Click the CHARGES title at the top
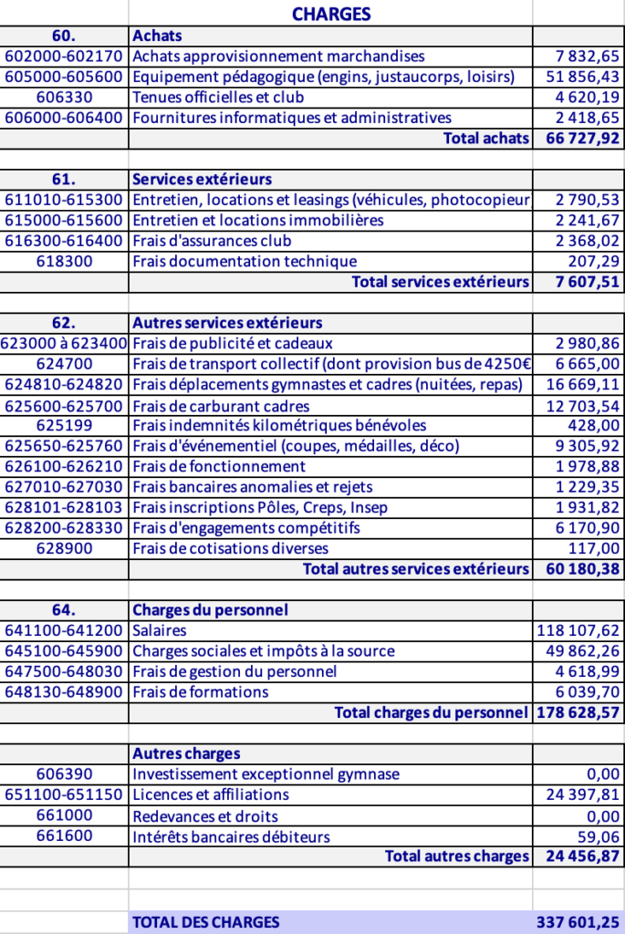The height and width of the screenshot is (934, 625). pos(331,14)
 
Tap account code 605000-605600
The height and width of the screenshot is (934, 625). pos(64,77)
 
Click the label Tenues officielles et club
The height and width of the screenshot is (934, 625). pos(218,98)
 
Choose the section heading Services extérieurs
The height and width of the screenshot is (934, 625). pos(202,180)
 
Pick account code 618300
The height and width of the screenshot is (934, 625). pos(64,262)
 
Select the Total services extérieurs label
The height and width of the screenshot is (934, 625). pos(440,282)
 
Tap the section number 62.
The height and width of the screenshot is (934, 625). pos(64,323)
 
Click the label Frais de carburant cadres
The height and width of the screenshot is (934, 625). pos(221,406)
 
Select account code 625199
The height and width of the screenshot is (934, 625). pos(64,425)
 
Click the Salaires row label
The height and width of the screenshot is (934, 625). pos(160,630)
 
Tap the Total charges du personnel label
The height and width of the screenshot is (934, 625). pos(431,712)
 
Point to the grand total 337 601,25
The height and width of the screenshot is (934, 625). pos(578,922)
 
